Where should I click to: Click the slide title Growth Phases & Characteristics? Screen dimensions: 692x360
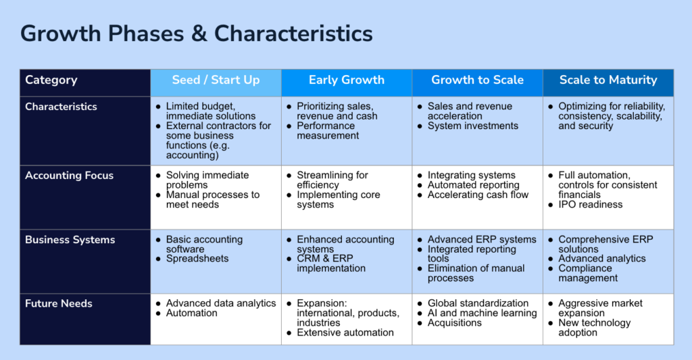point(197,34)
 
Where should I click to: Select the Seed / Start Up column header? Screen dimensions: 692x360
point(216,80)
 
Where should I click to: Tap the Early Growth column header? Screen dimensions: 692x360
point(347,80)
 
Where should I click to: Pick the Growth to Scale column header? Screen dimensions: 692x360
point(478,80)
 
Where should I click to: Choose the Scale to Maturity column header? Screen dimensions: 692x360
point(608,80)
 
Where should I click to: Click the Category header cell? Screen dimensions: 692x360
point(51,80)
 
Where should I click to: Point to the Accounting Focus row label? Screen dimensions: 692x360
point(70,176)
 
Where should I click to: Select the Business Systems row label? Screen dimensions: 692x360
point(70,240)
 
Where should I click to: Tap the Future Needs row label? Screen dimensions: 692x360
point(59,303)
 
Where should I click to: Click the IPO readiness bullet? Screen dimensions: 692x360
point(591,204)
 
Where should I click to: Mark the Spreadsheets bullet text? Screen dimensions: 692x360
point(197,259)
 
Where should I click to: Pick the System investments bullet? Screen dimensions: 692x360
point(472,126)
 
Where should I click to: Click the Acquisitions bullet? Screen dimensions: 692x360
point(455,323)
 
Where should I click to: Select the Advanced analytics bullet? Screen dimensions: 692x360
point(602,259)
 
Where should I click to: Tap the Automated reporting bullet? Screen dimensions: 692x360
point(473,185)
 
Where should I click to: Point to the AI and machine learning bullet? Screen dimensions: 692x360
point(482,313)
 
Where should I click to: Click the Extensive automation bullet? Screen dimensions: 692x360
point(345,333)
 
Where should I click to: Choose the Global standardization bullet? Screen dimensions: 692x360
point(478,303)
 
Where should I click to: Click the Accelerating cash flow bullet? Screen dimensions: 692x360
point(478,195)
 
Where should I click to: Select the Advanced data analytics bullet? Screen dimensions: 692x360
point(221,303)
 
